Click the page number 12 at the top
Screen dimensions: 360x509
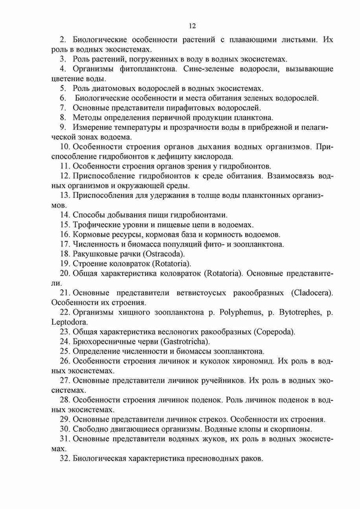(x=192, y=26)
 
